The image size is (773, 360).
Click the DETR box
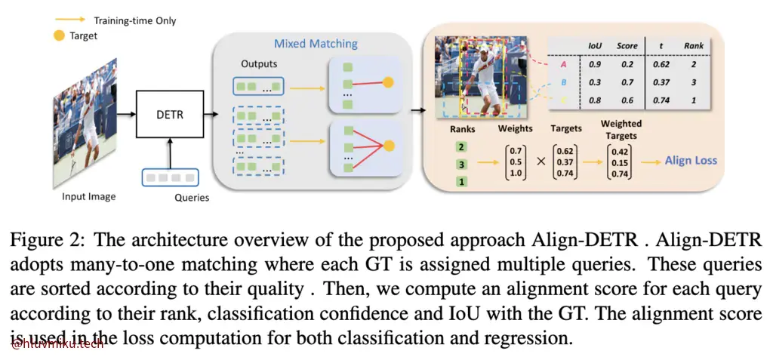(x=169, y=115)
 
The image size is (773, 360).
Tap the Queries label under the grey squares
(x=191, y=198)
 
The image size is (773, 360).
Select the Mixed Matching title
(x=316, y=44)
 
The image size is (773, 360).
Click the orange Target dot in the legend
(x=59, y=35)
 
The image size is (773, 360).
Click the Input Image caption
(x=89, y=197)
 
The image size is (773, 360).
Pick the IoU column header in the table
(x=594, y=46)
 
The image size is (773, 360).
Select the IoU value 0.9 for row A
(x=594, y=65)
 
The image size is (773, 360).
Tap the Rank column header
(x=693, y=46)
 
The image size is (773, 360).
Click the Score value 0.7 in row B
(x=627, y=83)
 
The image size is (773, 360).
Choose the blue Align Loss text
(x=691, y=160)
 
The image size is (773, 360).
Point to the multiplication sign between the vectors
(x=537, y=161)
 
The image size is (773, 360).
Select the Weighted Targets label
(x=621, y=129)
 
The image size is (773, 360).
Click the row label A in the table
(x=562, y=65)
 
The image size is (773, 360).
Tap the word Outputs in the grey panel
(x=259, y=64)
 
